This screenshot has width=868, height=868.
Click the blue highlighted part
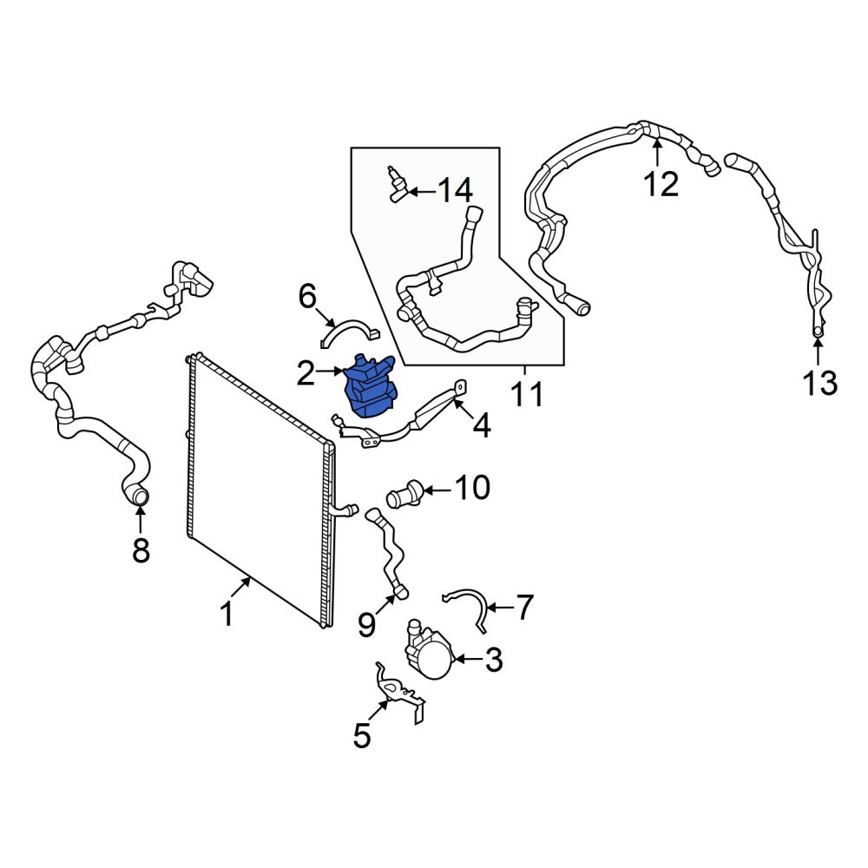[370, 386]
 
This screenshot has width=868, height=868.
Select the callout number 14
[455, 191]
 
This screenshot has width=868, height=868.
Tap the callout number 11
[527, 395]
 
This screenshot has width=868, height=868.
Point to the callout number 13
[820, 383]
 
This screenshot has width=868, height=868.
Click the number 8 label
[141, 550]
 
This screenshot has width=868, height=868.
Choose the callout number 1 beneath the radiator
[227, 614]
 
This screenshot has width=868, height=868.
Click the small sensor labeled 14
[397, 185]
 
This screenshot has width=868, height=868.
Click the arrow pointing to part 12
[657, 152]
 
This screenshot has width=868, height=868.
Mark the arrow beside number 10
[437, 490]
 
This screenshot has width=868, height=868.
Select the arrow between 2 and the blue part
[329, 371]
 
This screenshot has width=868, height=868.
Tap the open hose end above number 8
[140, 495]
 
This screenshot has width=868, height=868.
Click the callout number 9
[366, 625]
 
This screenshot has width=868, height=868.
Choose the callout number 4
[482, 425]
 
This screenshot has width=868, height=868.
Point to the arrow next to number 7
[499, 608]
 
